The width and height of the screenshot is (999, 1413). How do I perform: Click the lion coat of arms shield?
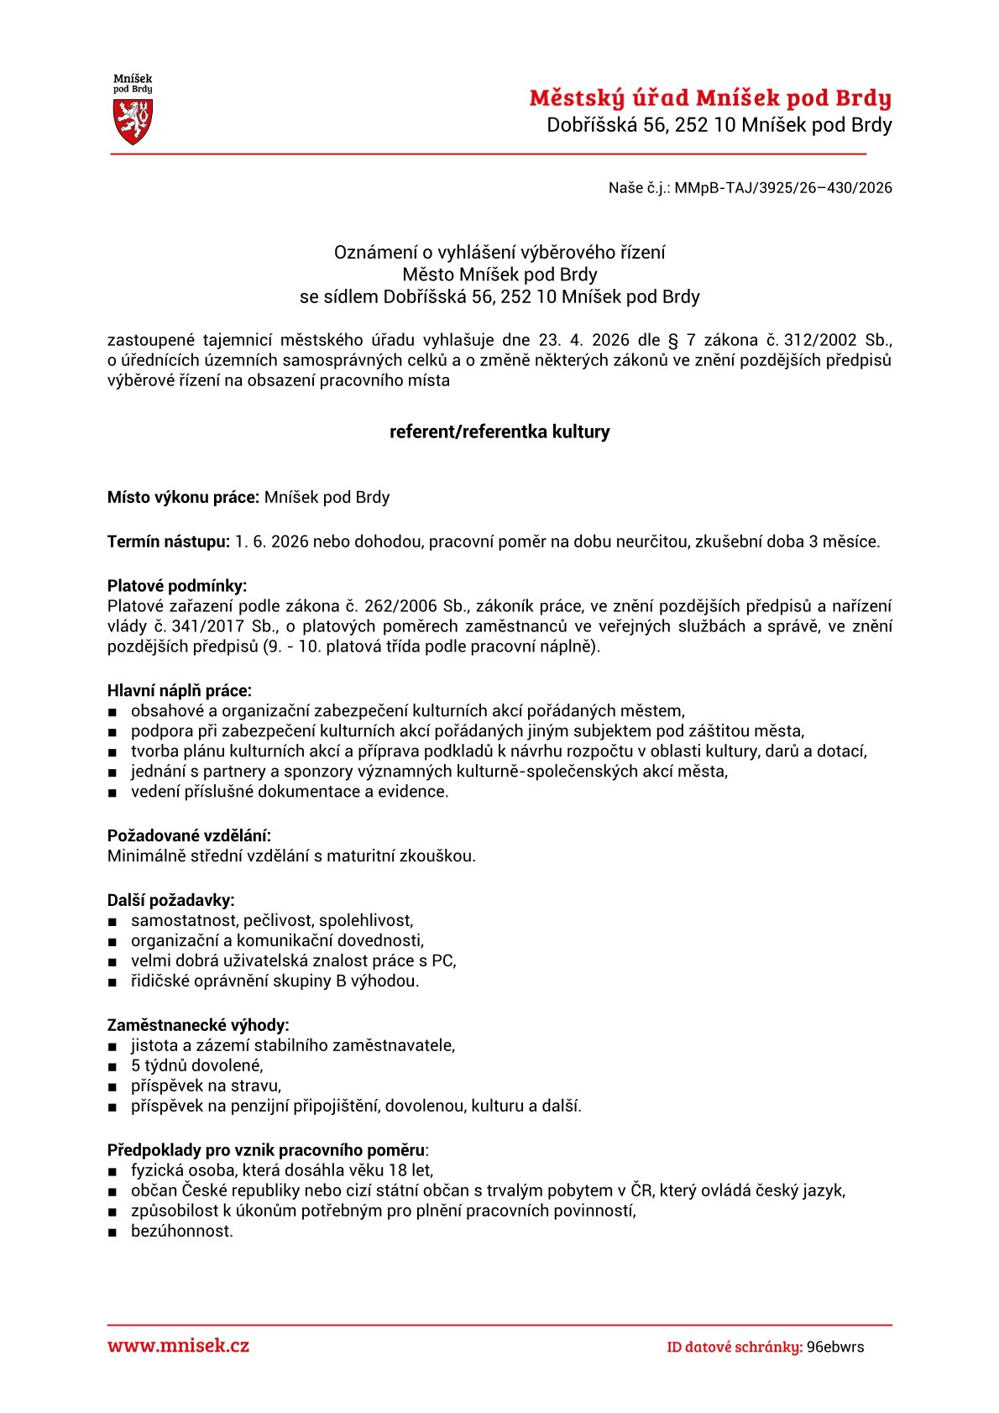(133, 121)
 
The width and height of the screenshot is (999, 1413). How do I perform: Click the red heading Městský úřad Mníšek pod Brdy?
(709, 98)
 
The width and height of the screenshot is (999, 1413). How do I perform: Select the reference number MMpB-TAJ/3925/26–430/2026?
(782, 188)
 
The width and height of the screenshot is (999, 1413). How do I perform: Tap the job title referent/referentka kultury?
(499, 432)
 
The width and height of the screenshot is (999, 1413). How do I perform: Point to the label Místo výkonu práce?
(183, 498)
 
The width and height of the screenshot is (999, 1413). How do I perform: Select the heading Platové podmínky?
(177, 586)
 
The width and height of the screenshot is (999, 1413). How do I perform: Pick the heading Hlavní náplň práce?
(179, 691)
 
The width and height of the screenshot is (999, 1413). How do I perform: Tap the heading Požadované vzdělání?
(189, 835)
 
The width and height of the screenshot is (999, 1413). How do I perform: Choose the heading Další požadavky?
(170, 900)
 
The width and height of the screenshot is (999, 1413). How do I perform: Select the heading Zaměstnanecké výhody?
(198, 1025)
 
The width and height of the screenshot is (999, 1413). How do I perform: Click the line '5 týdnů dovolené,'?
(197, 1066)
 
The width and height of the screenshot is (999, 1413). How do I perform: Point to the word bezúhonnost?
(182, 1232)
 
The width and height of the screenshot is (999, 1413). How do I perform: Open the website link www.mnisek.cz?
(178, 1346)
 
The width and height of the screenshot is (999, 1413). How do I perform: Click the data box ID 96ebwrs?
(834, 1348)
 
